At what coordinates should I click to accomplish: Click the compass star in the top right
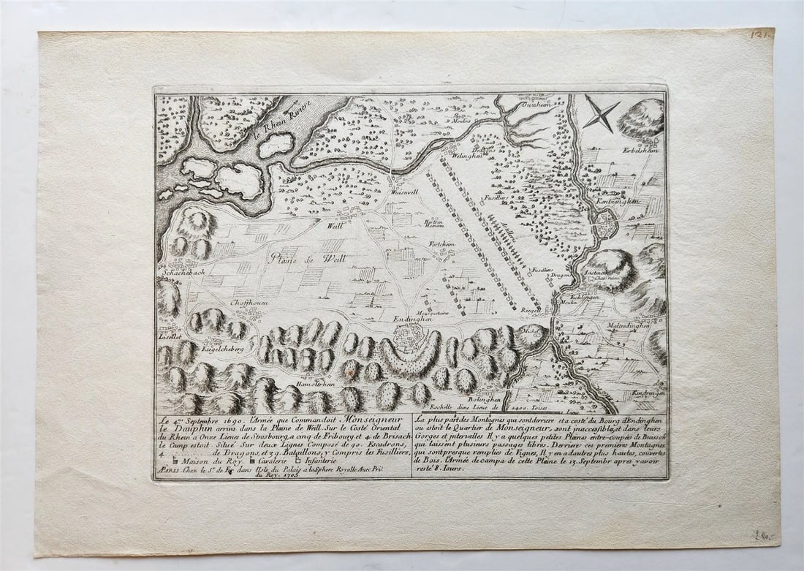point(601,115)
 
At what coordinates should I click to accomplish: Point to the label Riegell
point(531,310)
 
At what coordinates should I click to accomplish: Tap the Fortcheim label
point(441,244)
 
